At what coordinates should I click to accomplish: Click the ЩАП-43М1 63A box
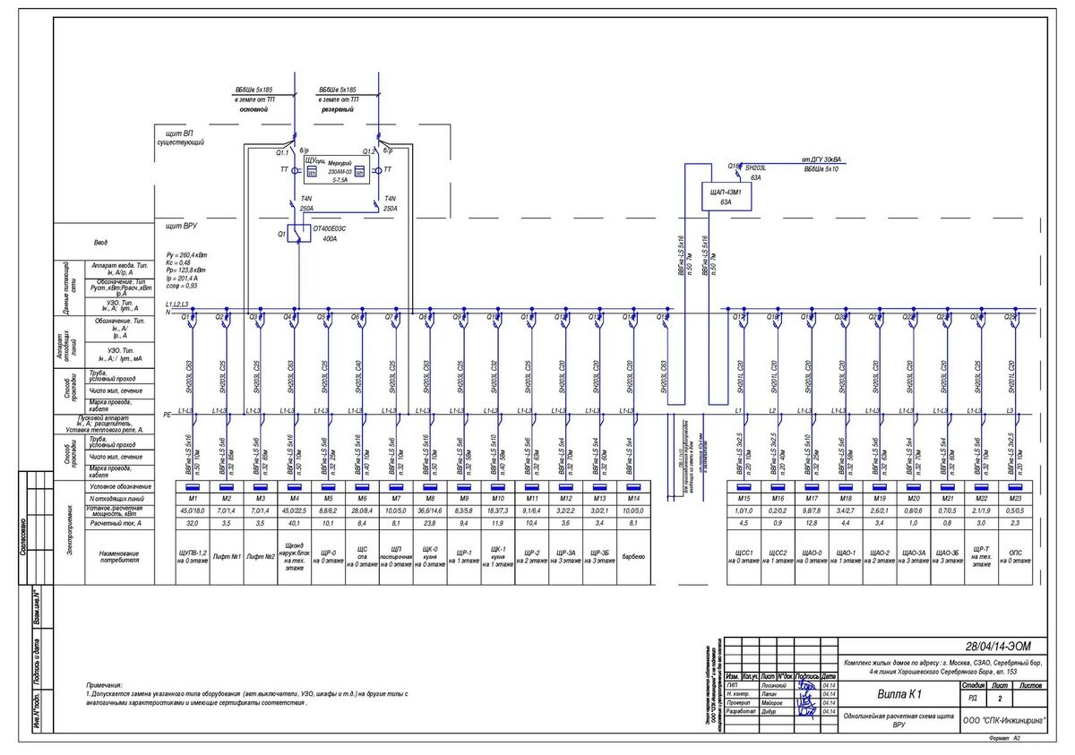click(x=726, y=197)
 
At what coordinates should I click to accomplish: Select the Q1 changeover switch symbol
click(x=298, y=233)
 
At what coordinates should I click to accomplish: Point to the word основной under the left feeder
click(x=254, y=109)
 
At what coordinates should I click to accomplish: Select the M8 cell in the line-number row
click(x=430, y=498)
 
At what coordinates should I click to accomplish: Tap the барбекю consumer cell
click(x=633, y=555)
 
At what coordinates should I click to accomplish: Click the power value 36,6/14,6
click(x=430, y=510)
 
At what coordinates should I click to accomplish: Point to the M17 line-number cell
click(x=811, y=498)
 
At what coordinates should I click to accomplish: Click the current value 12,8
click(x=811, y=523)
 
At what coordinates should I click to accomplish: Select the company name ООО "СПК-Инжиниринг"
click(x=1003, y=719)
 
